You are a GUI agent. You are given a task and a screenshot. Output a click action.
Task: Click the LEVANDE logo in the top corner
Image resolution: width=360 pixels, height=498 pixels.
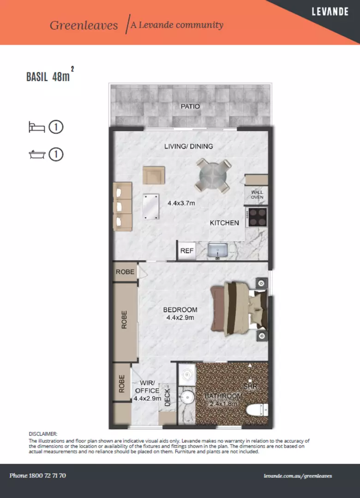[x=330, y=12]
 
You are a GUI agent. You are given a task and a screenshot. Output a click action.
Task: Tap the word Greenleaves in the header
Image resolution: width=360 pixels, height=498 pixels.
[x=84, y=25]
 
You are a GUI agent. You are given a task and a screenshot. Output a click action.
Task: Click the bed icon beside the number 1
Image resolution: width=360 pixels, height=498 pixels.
[x=36, y=127]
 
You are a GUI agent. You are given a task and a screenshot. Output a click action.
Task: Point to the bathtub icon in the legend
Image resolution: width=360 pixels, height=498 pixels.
[x=36, y=154]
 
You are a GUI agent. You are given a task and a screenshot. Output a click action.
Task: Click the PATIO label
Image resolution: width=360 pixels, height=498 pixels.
[x=190, y=107]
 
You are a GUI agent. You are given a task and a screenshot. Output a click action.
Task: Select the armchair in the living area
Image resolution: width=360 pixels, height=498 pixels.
[x=154, y=175]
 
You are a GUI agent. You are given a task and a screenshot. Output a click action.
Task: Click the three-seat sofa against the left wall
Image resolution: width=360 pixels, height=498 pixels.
[x=122, y=207]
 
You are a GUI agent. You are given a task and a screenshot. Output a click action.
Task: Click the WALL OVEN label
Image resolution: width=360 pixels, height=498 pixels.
[x=257, y=195]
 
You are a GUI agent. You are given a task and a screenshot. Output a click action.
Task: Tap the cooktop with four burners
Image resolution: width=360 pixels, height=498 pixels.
[x=258, y=217]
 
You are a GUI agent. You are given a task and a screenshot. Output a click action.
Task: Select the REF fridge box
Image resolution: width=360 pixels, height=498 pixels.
[x=187, y=251]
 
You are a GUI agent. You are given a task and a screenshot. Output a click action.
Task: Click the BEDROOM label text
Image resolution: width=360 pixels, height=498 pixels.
[x=180, y=310]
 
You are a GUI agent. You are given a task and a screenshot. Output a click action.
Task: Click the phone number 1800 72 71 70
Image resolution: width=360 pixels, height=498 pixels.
[x=38, y=475]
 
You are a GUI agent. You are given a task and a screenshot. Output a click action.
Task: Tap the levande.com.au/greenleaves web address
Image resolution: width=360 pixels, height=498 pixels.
[x=298, y=476]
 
